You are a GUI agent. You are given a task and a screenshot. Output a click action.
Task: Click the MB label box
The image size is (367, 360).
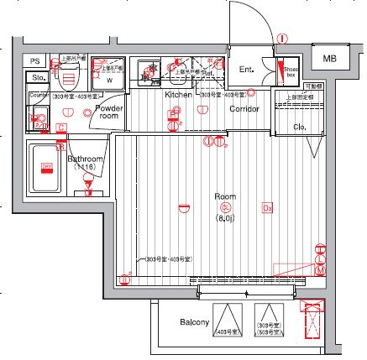point(328,57)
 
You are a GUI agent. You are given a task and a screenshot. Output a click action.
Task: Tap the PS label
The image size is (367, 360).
point(34,60)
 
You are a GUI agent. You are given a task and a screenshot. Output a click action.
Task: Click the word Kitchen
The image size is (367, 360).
point(178,96)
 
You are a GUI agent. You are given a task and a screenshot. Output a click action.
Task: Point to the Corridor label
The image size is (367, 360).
point(244,109)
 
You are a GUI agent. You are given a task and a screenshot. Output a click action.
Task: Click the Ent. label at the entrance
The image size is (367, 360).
point(247,69)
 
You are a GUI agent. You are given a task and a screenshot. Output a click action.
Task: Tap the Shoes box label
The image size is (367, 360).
point(291,72)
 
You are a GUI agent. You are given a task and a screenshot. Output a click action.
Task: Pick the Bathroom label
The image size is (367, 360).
point(85,159)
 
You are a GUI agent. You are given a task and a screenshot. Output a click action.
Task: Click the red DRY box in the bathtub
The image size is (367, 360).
point(47,167)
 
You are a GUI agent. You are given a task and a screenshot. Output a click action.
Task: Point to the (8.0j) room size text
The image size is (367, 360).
point(224,217)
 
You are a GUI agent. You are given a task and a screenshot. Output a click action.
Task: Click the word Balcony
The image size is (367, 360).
point(193,322)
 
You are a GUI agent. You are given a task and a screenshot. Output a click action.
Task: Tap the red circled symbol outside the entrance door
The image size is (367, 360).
point(283,39)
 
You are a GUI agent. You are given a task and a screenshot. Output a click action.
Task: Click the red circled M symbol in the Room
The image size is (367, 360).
point(320,269)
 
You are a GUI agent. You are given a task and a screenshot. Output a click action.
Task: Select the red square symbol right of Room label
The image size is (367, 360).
point(268,207)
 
